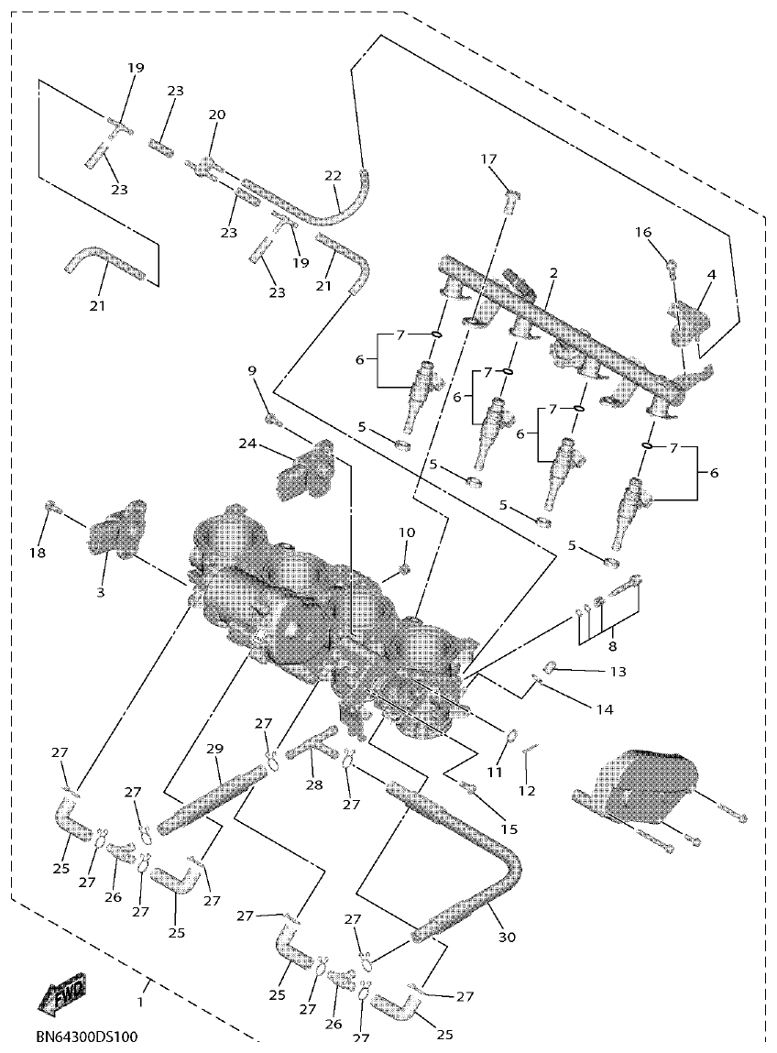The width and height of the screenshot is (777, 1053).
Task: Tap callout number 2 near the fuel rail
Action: tap(553, 273)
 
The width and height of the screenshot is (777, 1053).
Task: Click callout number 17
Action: tap(489, 159)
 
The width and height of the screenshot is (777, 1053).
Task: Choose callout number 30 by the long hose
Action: tap(507, 937)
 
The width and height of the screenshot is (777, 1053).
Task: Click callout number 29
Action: tap(214, 750)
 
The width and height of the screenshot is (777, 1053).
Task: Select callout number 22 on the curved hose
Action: tap(333, 175)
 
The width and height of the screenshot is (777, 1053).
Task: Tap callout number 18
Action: tap(38, 553)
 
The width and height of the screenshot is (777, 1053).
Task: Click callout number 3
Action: tap(101, 593)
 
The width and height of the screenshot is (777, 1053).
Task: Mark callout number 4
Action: tap(711, 274)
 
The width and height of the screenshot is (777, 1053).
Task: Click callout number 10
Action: tap(406, 532)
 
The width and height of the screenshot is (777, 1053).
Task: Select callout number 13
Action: tap(617, 672)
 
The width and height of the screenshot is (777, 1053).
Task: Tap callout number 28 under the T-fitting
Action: tap(315, 785)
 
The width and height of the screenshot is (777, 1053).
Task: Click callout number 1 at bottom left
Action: tap(140, 1003)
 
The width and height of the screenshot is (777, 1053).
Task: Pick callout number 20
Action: tap(216, 115)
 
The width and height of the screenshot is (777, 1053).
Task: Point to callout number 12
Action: tap(528, 790)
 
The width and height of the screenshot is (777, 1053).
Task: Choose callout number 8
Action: tap(611, 645)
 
